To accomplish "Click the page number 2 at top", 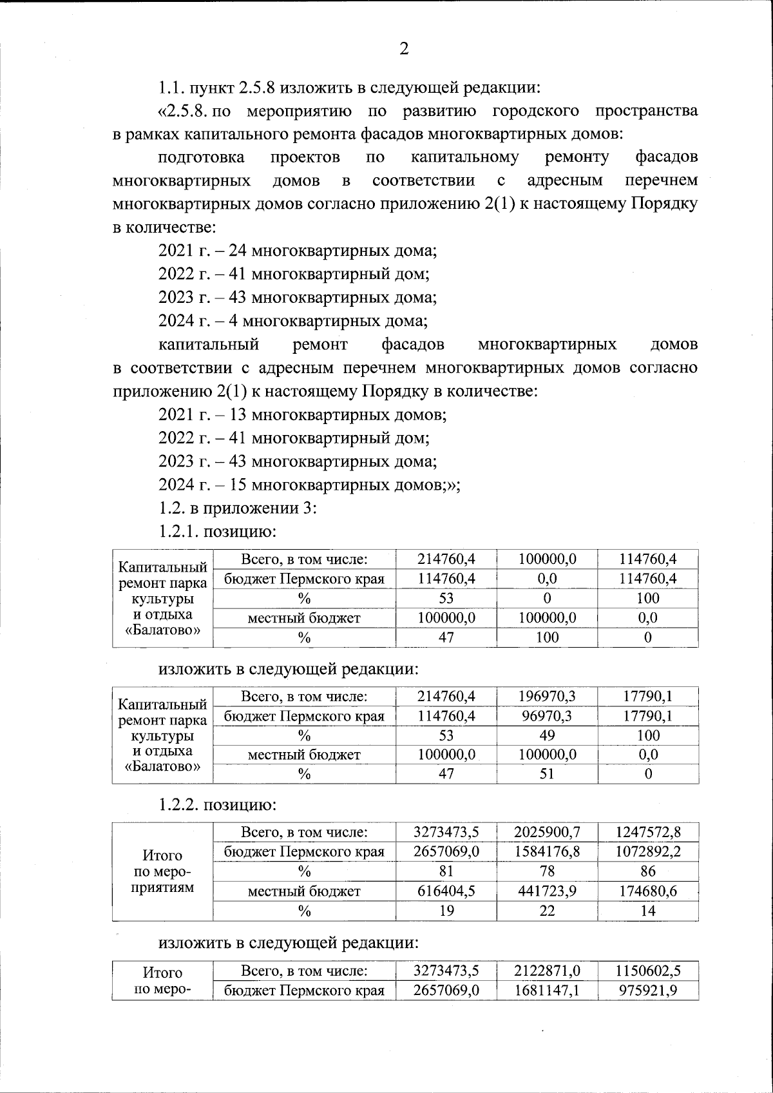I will (404, 50).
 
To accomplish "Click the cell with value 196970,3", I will (547, 696).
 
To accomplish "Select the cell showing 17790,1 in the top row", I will (648, 696).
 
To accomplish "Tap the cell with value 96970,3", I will (547, 715).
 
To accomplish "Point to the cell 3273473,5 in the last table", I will (446, 971).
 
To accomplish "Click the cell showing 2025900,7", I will (547, 832).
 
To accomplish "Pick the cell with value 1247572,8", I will (648, 832).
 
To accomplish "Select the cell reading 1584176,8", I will (547, 851).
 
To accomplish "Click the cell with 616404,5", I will (446, 891).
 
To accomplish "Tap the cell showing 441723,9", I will (547, 891).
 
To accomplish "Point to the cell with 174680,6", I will (648, 891).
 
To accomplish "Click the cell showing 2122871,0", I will (547, 971).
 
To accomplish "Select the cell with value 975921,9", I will (648, 990).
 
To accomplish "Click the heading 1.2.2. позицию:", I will (218, 805).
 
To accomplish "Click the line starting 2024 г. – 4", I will (293, 320).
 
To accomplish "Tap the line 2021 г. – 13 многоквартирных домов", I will (302, 414).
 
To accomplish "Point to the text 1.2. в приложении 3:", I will (237, 508).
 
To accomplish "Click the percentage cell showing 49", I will (547, 735).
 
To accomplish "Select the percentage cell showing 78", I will (547, 871).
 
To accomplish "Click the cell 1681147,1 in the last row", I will (547, 990).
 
